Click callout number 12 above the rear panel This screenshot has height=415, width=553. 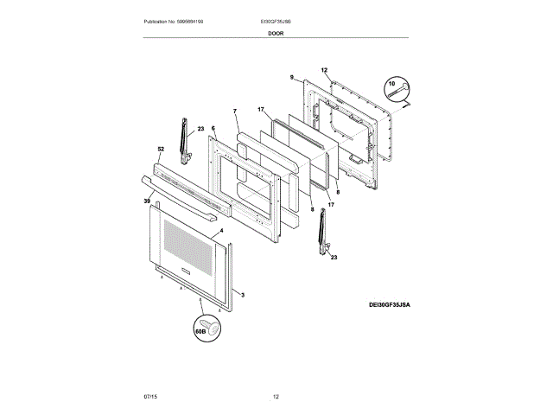324,69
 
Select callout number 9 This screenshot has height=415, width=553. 292,77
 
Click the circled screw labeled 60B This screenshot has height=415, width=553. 207,329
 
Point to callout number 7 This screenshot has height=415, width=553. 234,111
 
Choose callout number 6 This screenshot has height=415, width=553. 213,129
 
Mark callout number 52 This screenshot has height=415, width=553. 160,148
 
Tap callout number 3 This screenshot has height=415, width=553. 243,296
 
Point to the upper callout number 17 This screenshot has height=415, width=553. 260,110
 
